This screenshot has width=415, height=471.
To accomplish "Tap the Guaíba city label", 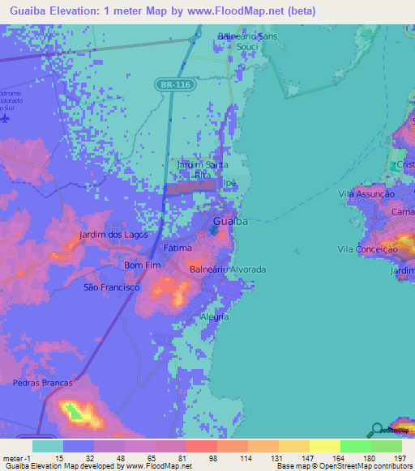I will click(230, 221).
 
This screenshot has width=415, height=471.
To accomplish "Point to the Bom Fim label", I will click(139, 265).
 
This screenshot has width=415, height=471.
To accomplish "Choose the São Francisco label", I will click(112, 287).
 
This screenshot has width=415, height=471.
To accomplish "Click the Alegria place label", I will click(215, 316).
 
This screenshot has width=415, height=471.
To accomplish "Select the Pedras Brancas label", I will click(42, 382).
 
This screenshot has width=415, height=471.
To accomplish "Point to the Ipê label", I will click(229, 183).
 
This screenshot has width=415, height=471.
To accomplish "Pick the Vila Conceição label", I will click(368, 250).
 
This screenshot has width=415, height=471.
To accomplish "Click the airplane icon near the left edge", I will click(6, 118).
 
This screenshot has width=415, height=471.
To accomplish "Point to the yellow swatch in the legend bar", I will click(324, 446).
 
